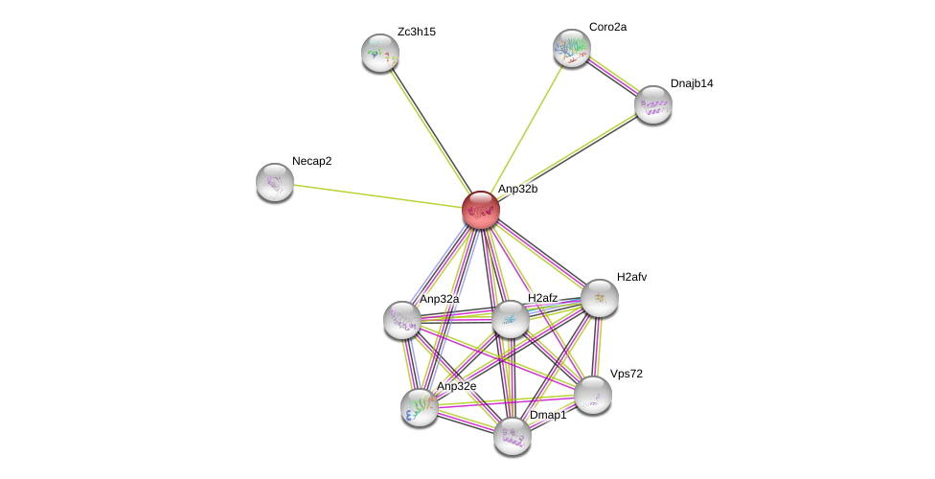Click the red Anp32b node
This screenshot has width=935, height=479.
[480, 210]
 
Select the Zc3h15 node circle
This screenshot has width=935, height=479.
[379, 53]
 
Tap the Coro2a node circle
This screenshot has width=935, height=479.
[571, 48]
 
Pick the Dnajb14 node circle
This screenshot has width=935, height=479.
[652, 104]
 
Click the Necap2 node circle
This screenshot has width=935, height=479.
[275, 182]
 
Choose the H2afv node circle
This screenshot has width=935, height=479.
[599, 298]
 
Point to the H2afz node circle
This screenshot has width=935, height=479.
[510, 319]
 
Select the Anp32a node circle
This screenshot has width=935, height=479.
[402, 320]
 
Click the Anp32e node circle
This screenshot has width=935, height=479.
[420, 407]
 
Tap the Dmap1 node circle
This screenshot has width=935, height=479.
[513, 436]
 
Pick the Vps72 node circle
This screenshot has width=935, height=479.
[593, 395]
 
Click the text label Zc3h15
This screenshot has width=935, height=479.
[416, 32]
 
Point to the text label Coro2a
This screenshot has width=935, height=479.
[607, 27]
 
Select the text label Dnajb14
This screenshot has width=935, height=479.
[691, 83]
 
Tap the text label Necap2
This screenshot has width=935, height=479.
[311, 161]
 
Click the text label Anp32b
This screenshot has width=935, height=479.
[517, 189]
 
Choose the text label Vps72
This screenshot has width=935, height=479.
[627, 374]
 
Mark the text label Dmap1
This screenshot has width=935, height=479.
[548, 415]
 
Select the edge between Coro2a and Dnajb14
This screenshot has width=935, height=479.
[612, 77]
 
